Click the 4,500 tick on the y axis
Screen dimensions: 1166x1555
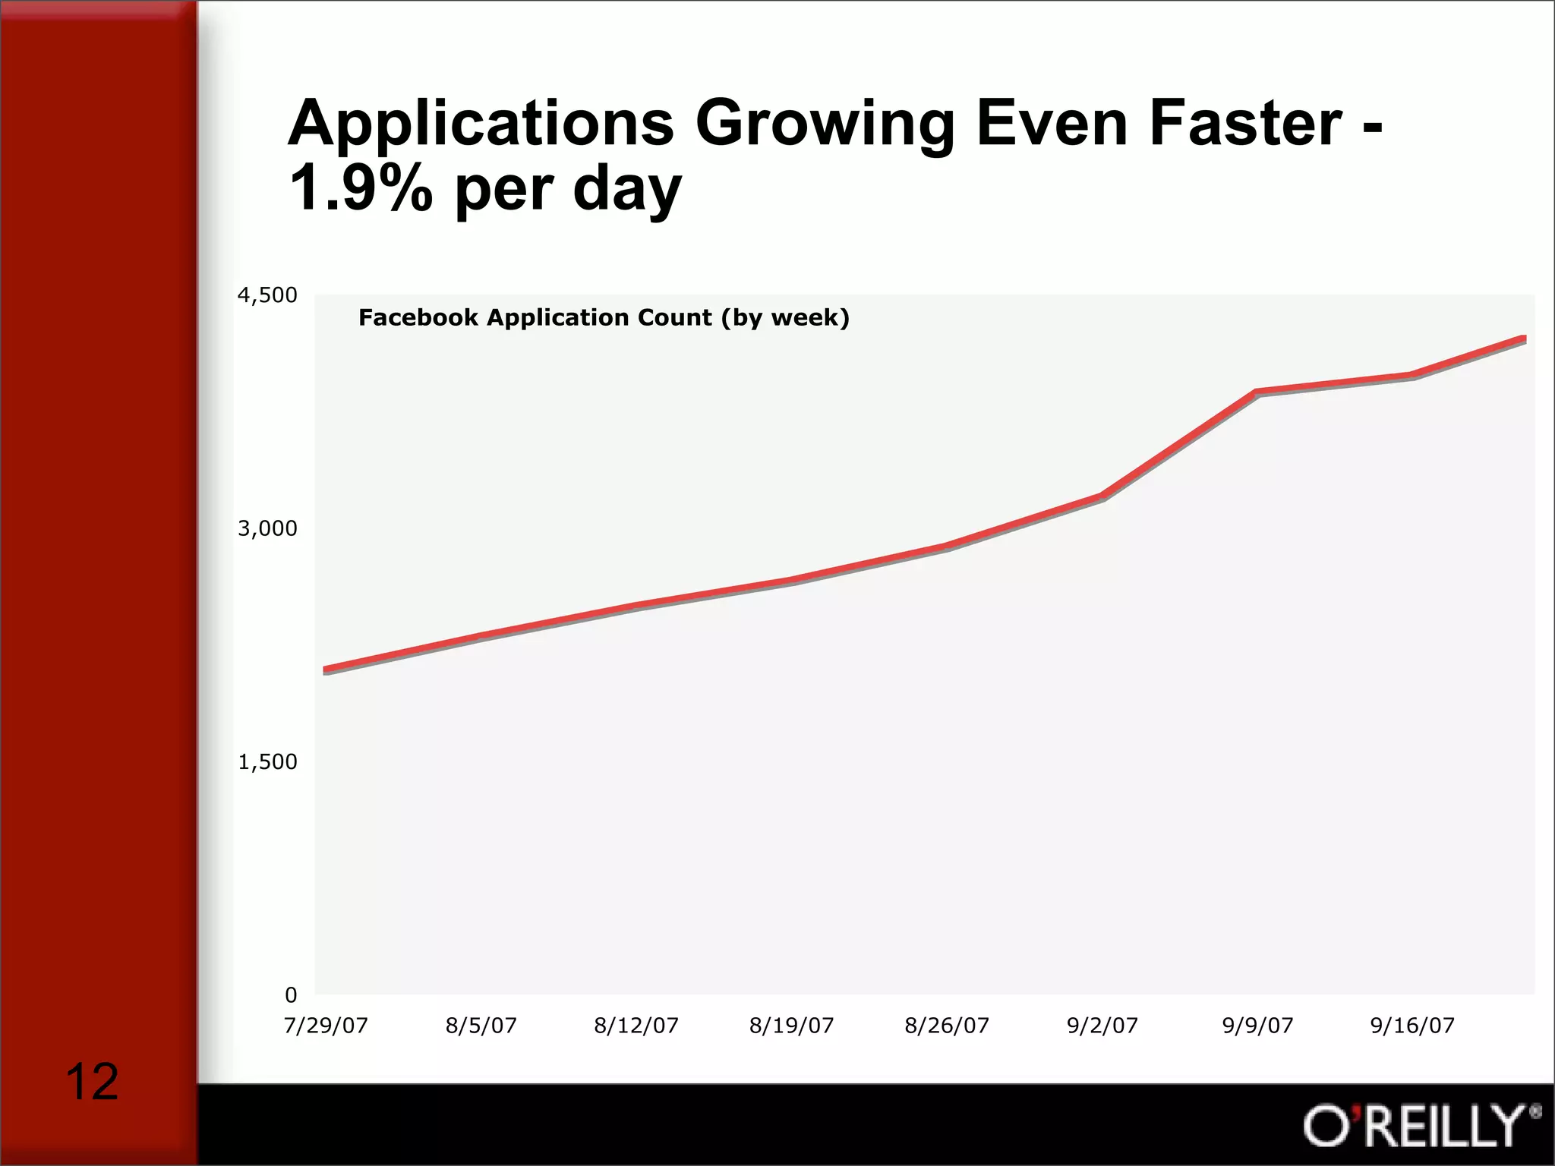click(267, 295)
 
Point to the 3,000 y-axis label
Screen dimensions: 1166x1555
click(267, 528)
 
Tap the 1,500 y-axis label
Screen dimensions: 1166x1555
click(267, 761)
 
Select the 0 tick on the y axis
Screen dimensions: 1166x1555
click(291, 994)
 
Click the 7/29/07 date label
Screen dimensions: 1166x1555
click(326, 1026)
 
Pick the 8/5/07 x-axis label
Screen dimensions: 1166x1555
click(481, 1026)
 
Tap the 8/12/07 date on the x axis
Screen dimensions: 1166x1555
click(636, 1026)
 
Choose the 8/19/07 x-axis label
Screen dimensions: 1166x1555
click(791, 1026)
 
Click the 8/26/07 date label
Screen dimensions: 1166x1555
click(947, 1026)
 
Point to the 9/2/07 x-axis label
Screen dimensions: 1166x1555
click(1102, 1026)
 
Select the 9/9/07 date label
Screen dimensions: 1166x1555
click(1257, 1026)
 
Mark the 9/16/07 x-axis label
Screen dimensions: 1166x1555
click(1412, 1026)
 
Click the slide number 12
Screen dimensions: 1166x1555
click(92, 1082)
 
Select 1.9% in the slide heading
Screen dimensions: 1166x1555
click(361, 188)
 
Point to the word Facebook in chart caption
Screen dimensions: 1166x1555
click(418, 317)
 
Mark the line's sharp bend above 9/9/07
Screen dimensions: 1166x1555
click(1257, 392)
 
